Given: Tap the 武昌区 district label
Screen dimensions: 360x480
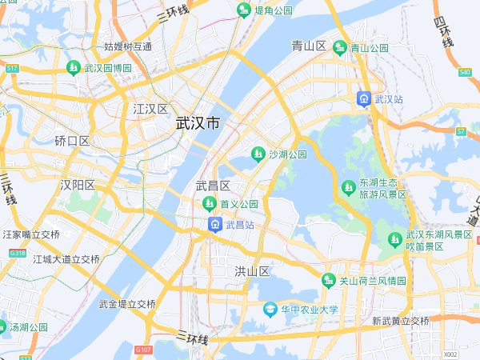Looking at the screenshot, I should click(213, 186).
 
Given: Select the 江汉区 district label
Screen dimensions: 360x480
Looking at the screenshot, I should click(150, 108).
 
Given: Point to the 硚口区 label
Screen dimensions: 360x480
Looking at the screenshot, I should click(72, 141).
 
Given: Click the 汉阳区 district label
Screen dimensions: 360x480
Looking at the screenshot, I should click(78, 185).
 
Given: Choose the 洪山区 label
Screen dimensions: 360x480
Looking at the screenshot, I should click(252, 271).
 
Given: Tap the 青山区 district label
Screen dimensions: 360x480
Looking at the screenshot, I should click(308, 46).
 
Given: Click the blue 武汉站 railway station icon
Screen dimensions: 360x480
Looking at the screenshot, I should click(364, 98).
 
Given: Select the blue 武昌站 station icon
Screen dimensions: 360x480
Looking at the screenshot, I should click(215, 226).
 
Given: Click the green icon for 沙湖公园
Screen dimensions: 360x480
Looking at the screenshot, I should click(258, 154).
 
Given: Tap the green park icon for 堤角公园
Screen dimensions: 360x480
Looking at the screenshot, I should click(244, 10).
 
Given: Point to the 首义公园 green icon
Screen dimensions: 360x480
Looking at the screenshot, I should click(208, 204).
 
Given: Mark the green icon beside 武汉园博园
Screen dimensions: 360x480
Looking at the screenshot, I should click(74, 67).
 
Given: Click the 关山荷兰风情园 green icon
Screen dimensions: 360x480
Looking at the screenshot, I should click(328, 281).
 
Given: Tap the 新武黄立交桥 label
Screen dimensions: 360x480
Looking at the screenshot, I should click(401, 321).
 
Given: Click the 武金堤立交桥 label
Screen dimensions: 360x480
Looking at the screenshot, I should click(127, 304).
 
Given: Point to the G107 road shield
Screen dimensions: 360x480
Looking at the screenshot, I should click(143, 350).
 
